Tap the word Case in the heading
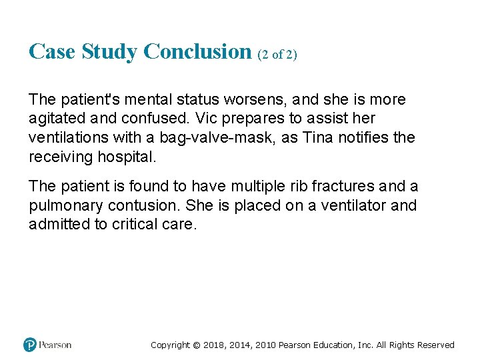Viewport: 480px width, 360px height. [52, 51]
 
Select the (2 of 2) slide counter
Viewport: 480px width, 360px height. [277, 55]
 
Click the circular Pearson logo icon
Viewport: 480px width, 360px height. [30, 345]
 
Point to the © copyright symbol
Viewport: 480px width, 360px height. [196, 345]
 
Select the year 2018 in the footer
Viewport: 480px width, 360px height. [215, 345]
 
